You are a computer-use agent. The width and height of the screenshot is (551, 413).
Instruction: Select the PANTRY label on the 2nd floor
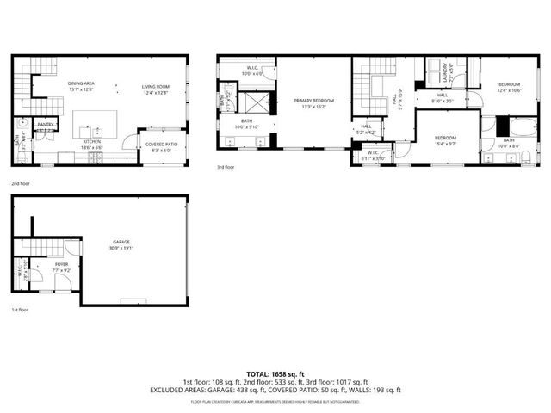(x=45, y=125)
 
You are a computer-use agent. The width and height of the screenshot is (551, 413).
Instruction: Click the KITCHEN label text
(x=92, y=142)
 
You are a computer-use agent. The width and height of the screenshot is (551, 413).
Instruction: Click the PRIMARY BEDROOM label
(x=313, y=101)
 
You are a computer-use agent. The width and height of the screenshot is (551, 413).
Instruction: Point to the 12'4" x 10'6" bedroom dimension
(x=510, y=89)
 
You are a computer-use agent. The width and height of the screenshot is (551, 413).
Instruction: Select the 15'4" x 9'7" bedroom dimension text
(x=444, y=142)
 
